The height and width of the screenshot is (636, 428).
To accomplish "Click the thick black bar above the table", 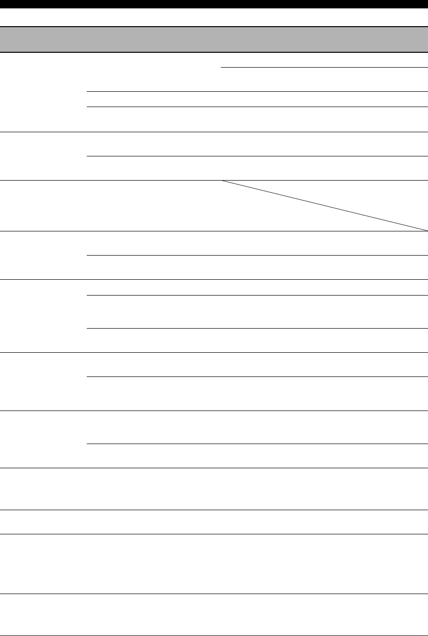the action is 214,4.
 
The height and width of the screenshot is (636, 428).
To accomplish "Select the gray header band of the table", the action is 214,39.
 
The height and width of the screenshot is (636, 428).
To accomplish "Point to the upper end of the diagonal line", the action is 222,181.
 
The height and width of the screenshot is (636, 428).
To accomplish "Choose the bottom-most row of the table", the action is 214,615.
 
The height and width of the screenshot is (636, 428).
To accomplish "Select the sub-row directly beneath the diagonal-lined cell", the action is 256,243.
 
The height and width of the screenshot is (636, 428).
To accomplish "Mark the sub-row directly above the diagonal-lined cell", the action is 256,168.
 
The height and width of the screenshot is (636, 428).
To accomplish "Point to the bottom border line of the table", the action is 214,636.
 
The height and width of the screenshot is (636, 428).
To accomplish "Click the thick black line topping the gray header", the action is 214,26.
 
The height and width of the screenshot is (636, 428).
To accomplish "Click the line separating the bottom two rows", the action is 214,594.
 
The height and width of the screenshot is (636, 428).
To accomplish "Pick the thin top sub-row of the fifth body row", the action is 256,288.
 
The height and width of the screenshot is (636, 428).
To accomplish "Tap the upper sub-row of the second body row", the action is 256,144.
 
